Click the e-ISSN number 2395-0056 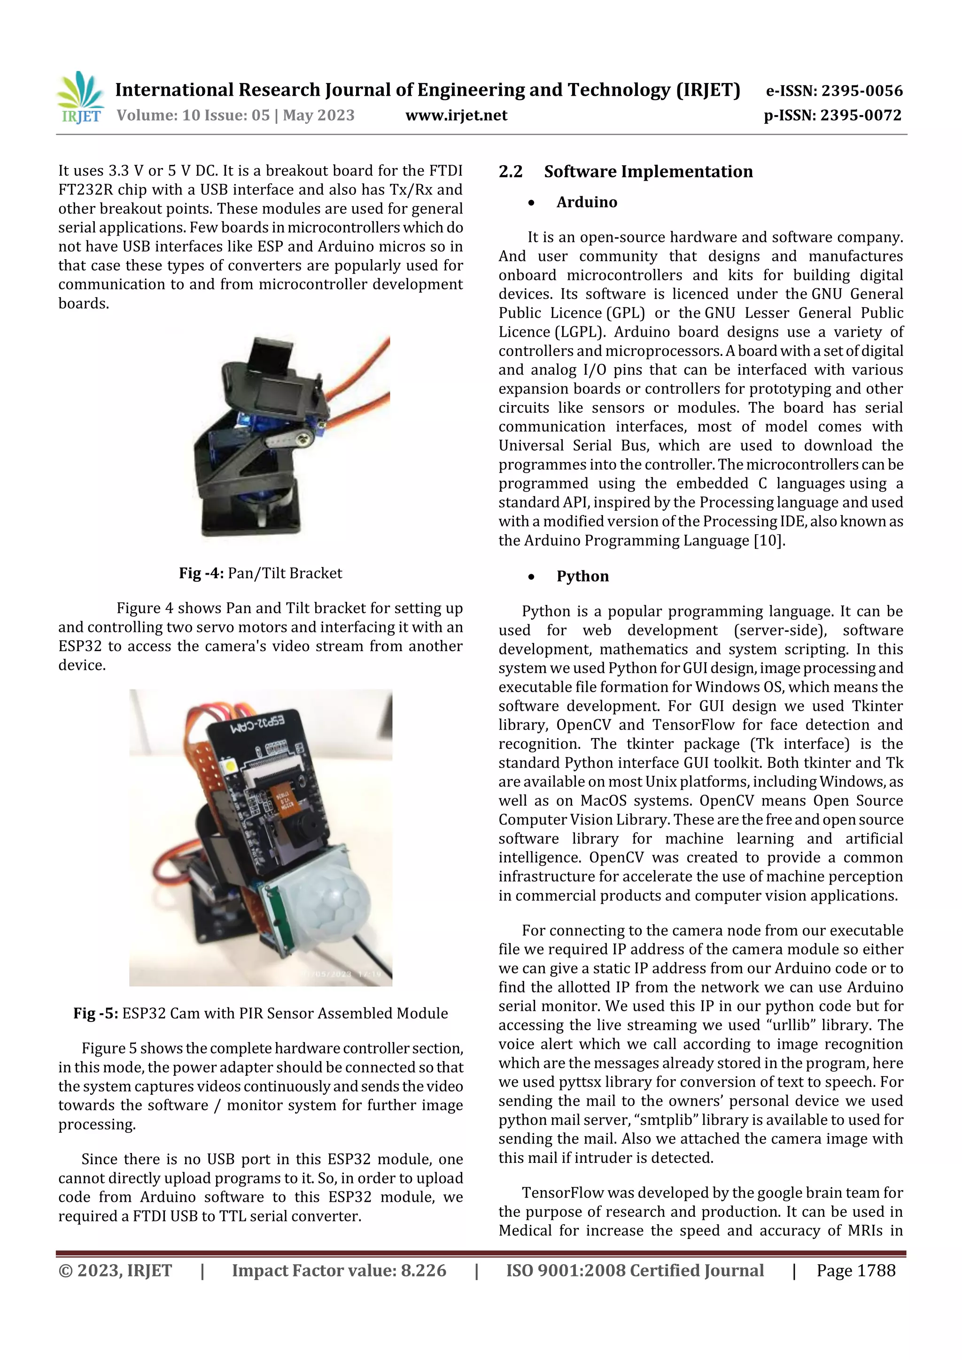(861, 91)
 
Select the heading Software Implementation (648, 172)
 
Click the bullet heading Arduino (586, 203)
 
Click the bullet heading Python (582, 576)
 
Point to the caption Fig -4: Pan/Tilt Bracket (260, 573)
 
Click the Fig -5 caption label (97, 1014)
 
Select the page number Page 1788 (855, 1270)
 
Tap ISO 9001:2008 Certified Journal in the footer (634, 1270)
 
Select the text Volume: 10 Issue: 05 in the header (193, 115)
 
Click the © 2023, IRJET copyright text (115, 1270)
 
